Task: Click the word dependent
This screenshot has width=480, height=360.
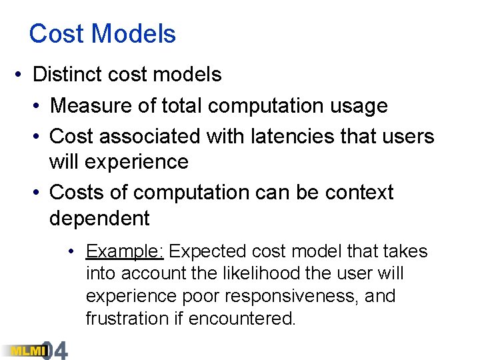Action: pos(99,218)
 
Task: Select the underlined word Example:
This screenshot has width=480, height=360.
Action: pos(125,251)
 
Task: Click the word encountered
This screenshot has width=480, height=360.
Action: pos(242,319)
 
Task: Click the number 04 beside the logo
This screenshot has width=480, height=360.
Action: pos(55,350)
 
